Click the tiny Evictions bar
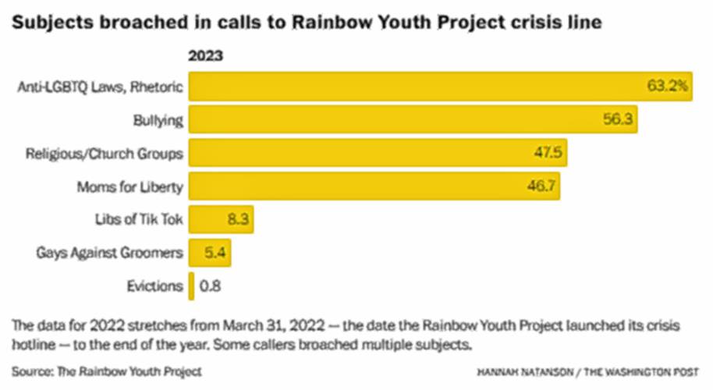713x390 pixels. pyautogui.click(x=191, y=285)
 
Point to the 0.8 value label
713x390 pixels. pyautogui.click(x=211, y=285)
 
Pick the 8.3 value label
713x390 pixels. pyautogui.click(x=237, y=220)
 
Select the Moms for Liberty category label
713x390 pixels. pyautogui.click(x=129, y=187)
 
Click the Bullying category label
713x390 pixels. pyautogui.click(x=158, y=121)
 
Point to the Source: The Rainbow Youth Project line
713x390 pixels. pyautogui.click(x=107, y=370)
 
